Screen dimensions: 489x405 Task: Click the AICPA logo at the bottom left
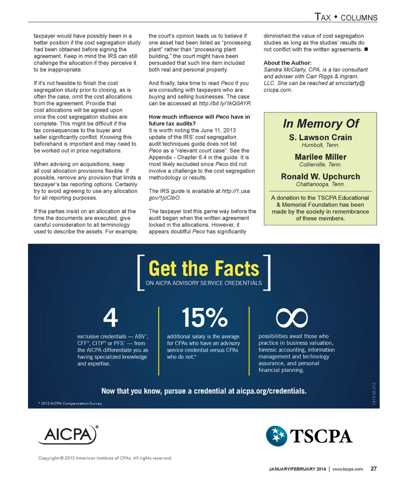click(x=67, y=435)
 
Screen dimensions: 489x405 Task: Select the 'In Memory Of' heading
click(x=320, y=124)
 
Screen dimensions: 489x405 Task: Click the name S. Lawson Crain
click(x=320, y=137)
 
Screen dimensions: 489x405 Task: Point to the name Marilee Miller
click(x=320, y=157)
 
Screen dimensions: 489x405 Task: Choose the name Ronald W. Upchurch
click(x=320, y=177)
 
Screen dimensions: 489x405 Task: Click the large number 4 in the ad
click(x=110, y=318)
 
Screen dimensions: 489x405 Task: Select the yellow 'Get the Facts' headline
click(x=204, y=269)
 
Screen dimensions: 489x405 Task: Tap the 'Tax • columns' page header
click(x=346, y=17)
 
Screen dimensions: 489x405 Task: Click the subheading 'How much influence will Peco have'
click(x=200, y=117)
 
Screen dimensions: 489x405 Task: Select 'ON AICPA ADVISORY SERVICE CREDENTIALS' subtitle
click(x=204, y=283)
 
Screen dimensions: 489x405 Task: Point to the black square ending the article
click(x=366, y=50)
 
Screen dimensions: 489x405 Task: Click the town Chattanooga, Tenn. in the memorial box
click(x=320, y=184)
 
